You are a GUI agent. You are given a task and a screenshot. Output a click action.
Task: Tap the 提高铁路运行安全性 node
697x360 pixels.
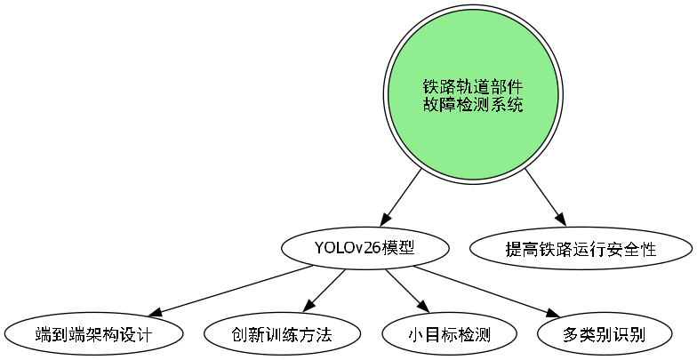pos(580,249)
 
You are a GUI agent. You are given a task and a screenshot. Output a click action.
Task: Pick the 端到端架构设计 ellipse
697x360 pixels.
pos(94,335)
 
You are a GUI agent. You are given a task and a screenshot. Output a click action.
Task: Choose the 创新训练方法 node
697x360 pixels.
pos(282,335)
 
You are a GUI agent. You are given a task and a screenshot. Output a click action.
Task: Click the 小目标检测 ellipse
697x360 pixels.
pos(450,335)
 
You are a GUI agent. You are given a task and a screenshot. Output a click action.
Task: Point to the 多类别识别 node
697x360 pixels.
pos(605,335)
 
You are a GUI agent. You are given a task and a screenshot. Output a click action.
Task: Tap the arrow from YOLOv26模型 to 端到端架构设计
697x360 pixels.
pos(231,291)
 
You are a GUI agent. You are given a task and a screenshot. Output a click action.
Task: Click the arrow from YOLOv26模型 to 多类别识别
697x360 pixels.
pos(480,290)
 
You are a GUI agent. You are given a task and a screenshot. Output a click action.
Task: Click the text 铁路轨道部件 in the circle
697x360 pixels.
pos(472,86)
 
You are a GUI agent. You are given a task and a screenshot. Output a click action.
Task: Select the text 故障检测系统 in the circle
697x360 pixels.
pos(472,105)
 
